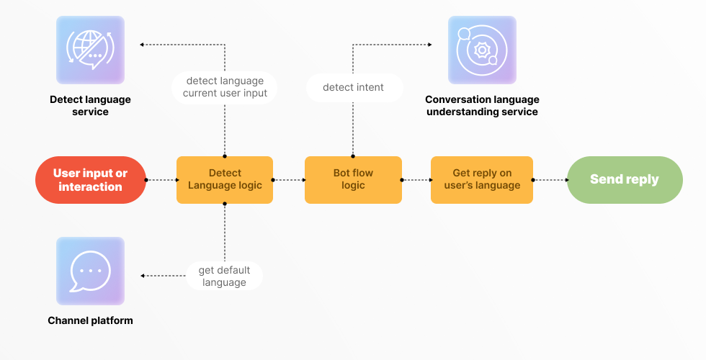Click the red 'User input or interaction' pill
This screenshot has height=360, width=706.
pos(91,180)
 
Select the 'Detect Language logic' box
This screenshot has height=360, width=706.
pos(225,180)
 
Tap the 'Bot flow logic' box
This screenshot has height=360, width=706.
pos(353,180)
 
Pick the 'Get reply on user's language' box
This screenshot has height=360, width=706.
pos(482,180)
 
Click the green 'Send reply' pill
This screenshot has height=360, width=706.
pos(625,180)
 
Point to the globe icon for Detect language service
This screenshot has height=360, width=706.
pos(91,50)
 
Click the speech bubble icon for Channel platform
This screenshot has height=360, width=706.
pos(91,271)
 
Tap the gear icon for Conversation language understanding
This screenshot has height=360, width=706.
pos(482,50)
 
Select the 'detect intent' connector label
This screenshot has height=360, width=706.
pos(354,87)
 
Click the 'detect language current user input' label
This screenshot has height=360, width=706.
pos(225,87)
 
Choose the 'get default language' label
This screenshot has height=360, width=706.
pos(224,276)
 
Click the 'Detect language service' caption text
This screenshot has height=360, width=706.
pos(91,105)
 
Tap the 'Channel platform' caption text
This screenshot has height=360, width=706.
pos(91,320)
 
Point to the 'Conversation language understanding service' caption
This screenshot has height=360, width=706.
pos(482,105)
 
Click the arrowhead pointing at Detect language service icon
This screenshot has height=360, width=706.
pos(142,45)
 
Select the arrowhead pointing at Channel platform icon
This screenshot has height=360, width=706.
pos(143,275)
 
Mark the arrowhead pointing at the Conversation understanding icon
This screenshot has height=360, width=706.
pos(430,45)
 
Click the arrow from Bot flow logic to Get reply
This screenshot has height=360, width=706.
pos(416,180)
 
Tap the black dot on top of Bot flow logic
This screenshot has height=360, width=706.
pos(353,156)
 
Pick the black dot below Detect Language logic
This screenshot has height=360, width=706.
pos(225,204)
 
